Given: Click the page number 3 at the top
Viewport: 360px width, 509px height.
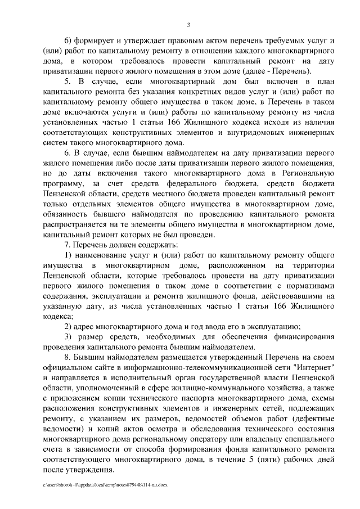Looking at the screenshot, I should [189, 24].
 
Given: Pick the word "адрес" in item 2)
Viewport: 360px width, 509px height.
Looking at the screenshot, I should [86, 326].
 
